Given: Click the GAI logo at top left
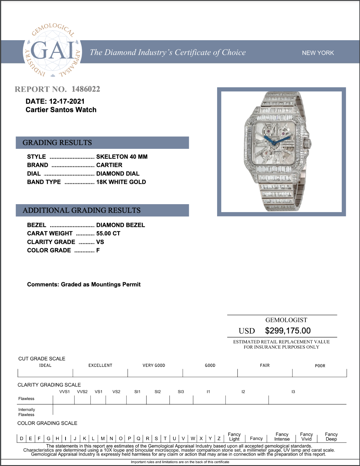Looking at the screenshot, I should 52,51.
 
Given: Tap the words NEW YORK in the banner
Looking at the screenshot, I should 318,53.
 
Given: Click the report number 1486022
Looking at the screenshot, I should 86,89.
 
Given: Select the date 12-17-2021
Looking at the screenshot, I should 67,101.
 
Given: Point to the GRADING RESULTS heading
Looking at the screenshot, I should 57,143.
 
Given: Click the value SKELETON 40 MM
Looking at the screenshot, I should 122,157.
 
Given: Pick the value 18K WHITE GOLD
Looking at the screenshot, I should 121,182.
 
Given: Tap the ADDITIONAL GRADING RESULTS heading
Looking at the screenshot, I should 81,210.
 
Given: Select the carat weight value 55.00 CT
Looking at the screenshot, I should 108,234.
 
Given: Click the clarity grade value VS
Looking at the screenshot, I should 100,242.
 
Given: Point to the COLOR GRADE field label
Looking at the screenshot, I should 49,250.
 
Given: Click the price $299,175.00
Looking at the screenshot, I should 288,331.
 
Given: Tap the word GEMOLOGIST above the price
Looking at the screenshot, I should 286,320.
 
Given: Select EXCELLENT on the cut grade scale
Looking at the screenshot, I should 100,366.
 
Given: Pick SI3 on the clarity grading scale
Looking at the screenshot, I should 181,392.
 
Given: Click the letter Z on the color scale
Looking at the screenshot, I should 219,438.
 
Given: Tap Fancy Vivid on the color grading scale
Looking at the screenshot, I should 306,437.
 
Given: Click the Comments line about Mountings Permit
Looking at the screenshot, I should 84,285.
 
